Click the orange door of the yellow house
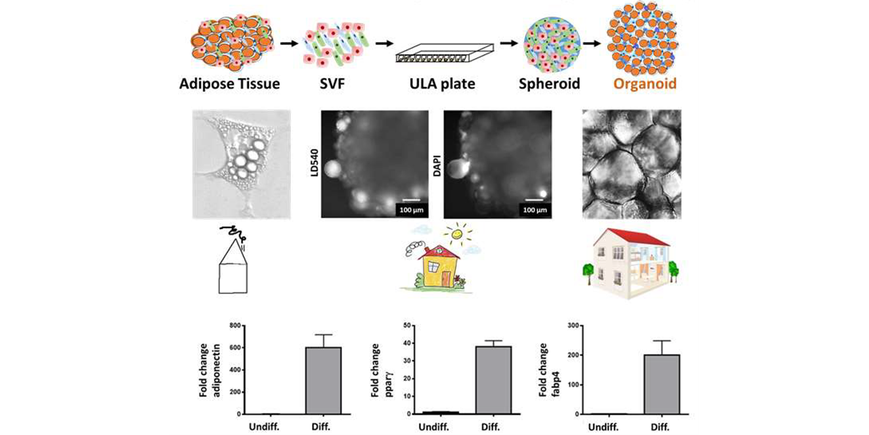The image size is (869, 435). point(446,278)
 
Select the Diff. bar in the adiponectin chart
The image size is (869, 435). point(323,380)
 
